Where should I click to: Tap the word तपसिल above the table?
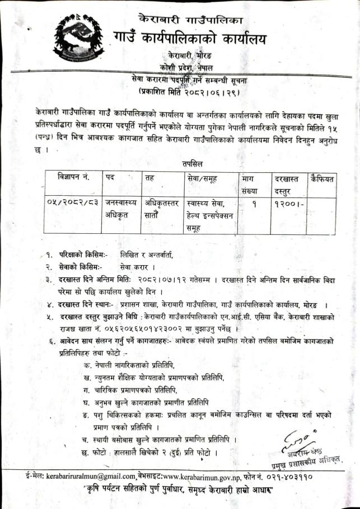(193, 163)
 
